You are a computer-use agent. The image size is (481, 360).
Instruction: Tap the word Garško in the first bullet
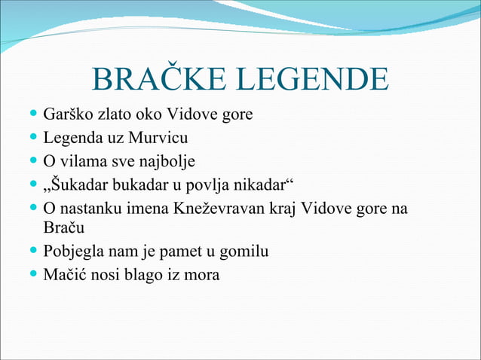pos(66,115)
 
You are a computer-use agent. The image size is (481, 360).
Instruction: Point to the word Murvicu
pos(158,139)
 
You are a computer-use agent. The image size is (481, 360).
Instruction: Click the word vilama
pos(80,161)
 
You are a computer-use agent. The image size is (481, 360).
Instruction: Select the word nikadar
pos(264,185)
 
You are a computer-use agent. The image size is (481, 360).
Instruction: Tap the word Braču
pos(63,227)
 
